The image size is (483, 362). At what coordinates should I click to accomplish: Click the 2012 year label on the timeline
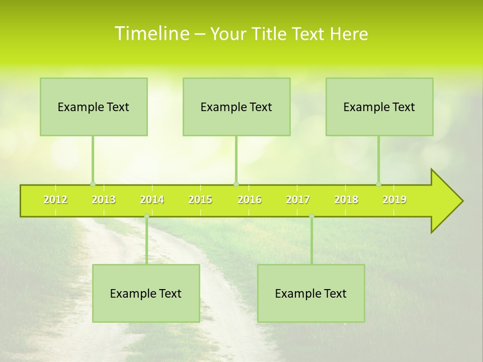click(55, 200)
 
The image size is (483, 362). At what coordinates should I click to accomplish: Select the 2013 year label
click(104, 200)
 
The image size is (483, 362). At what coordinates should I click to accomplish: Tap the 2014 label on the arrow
click(152, 200)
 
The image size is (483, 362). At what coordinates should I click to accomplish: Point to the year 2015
click(200, 200)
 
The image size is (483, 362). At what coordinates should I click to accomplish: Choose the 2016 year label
click(250, 200)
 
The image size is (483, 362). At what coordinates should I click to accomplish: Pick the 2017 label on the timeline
click(298, 200)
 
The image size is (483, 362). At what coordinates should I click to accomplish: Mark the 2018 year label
click(346, 200)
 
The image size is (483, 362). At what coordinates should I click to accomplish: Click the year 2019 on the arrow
click(394, 200)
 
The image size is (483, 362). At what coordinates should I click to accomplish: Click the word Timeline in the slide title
click(151, 34)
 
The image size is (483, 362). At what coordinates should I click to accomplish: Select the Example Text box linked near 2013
click(94, 107)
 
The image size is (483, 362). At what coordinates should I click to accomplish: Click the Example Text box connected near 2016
click(236, 107)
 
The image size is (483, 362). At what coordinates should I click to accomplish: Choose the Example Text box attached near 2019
click(379, 107)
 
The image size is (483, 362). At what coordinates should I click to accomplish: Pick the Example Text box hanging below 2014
click(146, 293)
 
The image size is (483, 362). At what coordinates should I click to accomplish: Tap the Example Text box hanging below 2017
click(311, 293)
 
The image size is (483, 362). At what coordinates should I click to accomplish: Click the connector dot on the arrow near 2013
click(93, 184)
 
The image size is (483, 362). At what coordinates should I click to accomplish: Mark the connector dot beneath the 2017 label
click(311, 216)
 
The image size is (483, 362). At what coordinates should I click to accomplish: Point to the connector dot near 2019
click(378, 184)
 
